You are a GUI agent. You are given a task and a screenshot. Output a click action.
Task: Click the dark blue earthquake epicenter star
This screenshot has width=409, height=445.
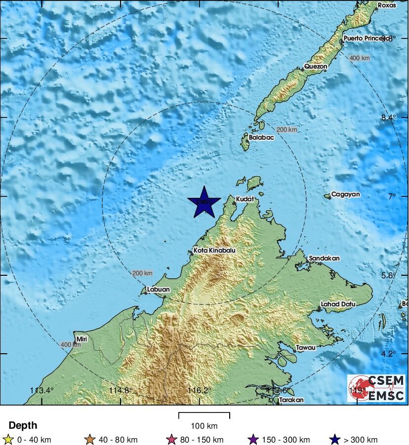[x=204, y=202]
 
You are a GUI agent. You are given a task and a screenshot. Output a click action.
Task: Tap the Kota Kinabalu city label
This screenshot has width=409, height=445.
[x=214, y=251]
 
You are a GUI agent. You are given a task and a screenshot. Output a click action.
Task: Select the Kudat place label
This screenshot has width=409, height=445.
[x=245, y=199]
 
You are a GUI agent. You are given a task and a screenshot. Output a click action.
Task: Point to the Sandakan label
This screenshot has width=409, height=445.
[x=324, y=258]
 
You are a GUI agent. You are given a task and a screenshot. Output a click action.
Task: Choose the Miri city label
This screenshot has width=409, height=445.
[x=81, y=339]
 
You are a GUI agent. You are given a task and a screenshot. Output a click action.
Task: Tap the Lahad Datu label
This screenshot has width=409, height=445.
[x=338, y=304]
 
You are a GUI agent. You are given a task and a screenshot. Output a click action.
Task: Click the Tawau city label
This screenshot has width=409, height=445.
[x=305, y=347]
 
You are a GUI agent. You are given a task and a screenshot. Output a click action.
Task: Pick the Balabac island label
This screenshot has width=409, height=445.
[x=261, y=138]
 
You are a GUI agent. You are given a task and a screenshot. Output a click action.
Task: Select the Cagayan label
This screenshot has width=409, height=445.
[x=345, y=194]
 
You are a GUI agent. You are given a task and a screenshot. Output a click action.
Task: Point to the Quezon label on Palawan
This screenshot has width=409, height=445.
[x=316, y=66]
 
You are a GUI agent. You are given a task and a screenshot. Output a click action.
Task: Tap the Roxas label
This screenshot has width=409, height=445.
[x=387, y=5]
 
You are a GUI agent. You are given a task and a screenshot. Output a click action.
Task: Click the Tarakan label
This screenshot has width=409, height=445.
[x=291, y=400]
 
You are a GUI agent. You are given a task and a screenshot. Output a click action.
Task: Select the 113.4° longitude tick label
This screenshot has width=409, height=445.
[x=41, y=390]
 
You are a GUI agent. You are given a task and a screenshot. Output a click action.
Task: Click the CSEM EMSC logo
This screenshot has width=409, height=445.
[x=376, y=388]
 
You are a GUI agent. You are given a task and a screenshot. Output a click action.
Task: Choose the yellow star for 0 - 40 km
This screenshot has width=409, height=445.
[x=7, y=439]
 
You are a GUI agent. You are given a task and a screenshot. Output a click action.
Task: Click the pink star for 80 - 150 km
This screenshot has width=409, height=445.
[x=172, y=439]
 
